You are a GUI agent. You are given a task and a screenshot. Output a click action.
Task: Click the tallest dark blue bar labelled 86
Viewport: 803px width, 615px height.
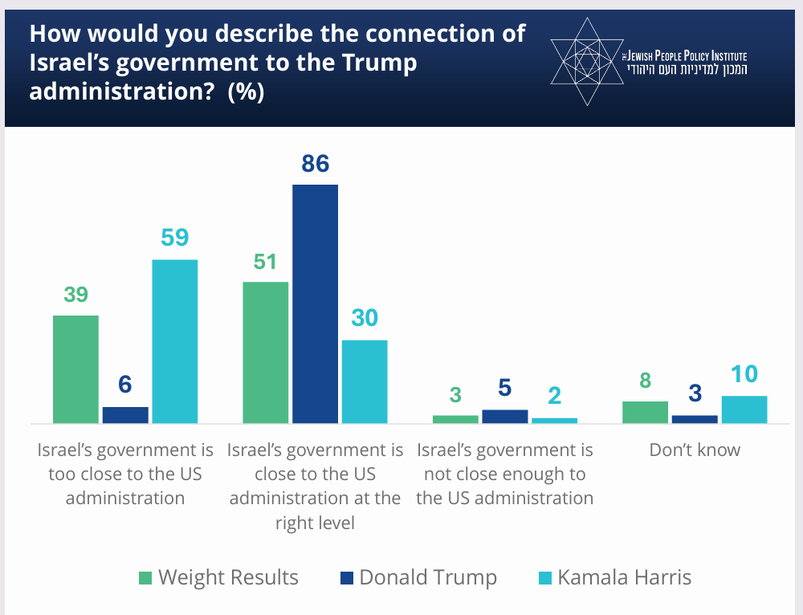315,303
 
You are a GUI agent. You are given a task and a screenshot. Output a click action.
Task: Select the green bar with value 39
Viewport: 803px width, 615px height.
75,369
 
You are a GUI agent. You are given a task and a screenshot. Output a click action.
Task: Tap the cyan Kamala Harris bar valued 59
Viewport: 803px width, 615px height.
175,341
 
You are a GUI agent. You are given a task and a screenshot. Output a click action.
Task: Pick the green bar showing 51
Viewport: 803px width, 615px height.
265,352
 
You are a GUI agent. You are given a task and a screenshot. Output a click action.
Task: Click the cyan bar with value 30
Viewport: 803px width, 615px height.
365,381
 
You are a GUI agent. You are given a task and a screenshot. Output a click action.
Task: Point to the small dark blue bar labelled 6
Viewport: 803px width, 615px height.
125,414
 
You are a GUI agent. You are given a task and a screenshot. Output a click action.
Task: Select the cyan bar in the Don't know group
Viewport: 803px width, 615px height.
744,409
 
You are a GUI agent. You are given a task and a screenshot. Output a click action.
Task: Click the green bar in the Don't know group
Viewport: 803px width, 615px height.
646,412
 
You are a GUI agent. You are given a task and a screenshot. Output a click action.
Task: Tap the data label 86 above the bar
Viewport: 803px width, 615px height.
316,164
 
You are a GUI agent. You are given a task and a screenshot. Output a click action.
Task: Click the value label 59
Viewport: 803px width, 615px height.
175,238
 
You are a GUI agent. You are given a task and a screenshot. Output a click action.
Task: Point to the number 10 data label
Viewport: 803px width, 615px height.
744,375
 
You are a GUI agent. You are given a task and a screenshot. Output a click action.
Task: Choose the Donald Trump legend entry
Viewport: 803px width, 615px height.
418,577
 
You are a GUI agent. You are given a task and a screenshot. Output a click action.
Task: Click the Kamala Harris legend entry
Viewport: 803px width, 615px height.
614,577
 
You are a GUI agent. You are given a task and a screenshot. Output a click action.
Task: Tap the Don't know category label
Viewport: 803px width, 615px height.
695,450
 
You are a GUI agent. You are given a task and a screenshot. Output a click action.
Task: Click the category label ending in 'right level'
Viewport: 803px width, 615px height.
315,486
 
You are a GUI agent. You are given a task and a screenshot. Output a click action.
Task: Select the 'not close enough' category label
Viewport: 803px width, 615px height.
504,474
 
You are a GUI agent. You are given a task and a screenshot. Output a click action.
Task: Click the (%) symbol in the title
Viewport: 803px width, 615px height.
246,92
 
